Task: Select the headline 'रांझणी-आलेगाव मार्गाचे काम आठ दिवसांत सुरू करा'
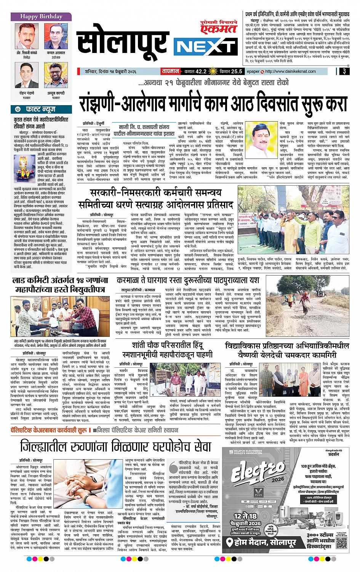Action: click(214, 103)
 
